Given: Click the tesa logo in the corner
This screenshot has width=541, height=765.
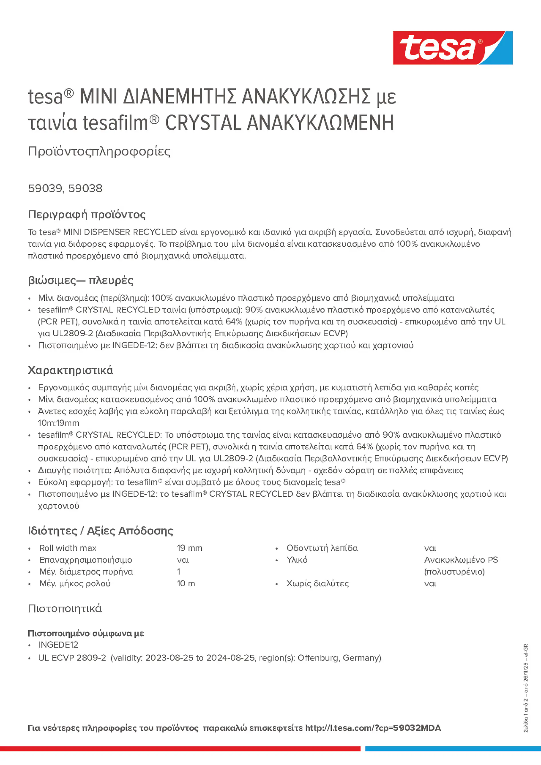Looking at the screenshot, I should [452, 48].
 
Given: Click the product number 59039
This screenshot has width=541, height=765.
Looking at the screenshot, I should [45, 188].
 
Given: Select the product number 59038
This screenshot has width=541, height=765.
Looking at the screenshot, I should [85, 188].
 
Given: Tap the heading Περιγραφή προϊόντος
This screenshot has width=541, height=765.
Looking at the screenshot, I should [87, 214].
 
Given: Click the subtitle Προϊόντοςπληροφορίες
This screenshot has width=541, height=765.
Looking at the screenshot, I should [99, 151].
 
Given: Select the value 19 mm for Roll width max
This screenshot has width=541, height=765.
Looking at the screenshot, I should [190, 548].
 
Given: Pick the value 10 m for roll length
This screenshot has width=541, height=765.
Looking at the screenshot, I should [186, 583].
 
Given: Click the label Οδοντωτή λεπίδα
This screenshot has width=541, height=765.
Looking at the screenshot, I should [322, 548].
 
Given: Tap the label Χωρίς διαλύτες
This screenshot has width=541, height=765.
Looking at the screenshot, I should [317, 583].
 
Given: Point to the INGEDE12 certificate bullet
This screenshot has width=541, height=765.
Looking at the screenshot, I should [58, 645].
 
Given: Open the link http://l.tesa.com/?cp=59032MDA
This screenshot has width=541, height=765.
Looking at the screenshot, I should [373, 728].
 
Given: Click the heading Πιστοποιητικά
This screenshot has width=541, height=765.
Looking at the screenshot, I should [65, 608].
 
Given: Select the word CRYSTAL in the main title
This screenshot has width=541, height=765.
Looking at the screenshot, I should [203, 123].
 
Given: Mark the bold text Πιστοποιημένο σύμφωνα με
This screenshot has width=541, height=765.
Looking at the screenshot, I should [86, 633].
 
